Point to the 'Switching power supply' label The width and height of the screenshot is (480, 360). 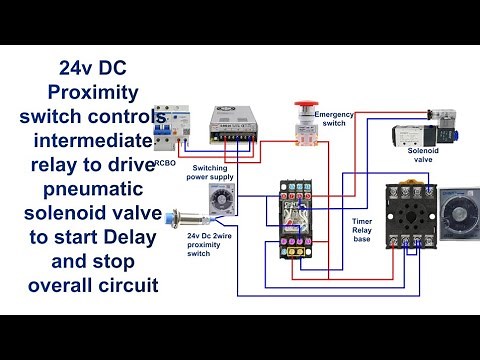[x=212, y=175]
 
